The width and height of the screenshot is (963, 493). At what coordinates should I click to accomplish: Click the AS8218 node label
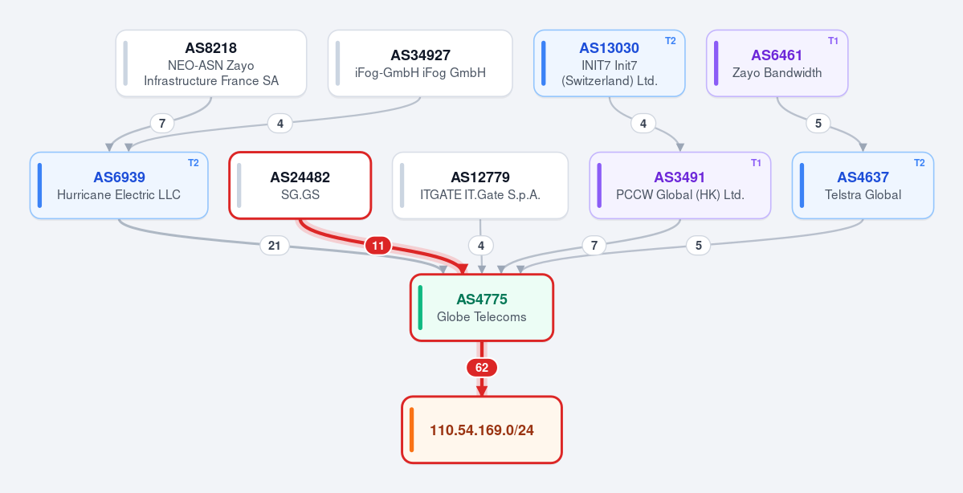click(210, 48)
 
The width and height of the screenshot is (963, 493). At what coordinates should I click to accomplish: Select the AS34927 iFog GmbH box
click(420, 63)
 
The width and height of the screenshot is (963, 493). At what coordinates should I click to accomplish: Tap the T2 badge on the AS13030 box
click(670, 40)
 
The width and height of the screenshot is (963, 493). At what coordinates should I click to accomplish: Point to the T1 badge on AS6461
click(833, 40)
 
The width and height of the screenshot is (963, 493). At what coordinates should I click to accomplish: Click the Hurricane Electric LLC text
click(119, 194)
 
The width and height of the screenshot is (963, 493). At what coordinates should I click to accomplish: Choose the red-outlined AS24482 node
click(300, 185)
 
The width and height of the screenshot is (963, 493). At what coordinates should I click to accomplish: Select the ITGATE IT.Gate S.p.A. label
click(480, 194)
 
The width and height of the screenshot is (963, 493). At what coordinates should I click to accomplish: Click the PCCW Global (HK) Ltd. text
click(679, 194)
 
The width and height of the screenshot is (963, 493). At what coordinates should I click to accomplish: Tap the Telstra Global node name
click(863, 194)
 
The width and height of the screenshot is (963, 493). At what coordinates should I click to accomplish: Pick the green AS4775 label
click(482, 299)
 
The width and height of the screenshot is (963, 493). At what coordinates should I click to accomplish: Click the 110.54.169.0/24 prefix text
click(482, 430)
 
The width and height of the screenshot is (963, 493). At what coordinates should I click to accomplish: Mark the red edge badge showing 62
click(482, 368)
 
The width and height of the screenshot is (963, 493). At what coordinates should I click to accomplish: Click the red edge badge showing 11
click(378, 246)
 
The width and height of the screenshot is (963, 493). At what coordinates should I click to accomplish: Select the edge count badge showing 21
click(275, 246)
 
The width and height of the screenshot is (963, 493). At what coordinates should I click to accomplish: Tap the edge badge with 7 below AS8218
click(162, 124)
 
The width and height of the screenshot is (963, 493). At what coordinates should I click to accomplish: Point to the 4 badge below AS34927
click(280, 124)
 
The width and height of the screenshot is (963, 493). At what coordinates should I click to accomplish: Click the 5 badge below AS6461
click(818, 124)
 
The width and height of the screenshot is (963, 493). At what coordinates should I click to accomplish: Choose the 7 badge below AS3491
click(594, 246)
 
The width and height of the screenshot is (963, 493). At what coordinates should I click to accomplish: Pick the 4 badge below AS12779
click(481, 246)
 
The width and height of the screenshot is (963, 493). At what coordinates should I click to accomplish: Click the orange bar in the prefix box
click(411, 430)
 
